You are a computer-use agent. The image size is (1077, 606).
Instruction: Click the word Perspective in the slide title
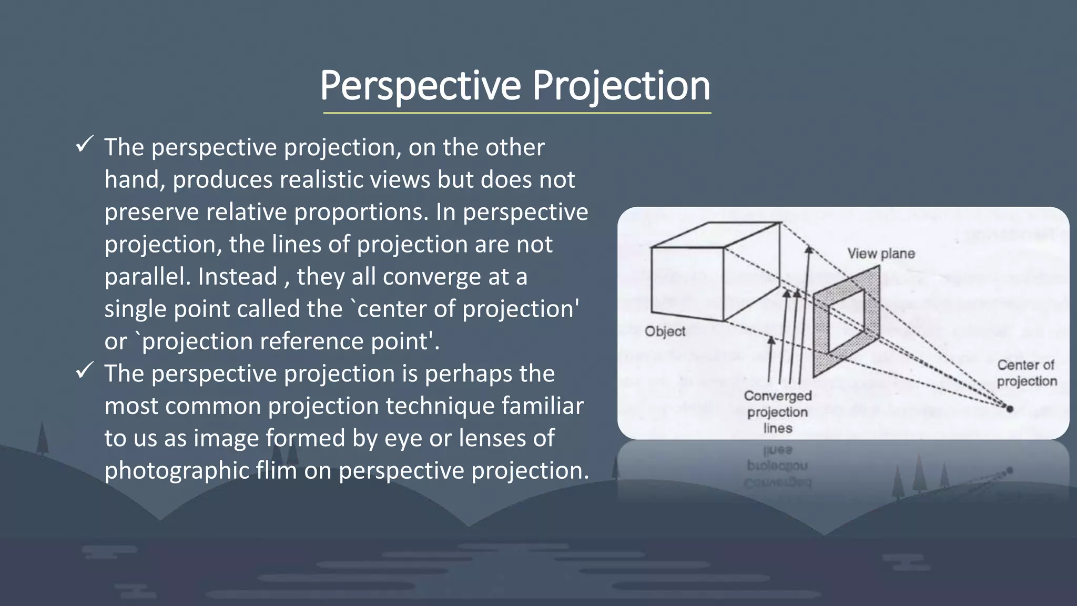pos(420,86)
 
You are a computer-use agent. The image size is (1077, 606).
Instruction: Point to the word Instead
pos(238,277)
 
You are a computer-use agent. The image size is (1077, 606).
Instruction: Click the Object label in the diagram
pos(665,331)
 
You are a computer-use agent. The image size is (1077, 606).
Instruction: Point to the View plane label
pos(881,254)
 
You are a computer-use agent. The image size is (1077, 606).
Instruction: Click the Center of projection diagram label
pos(1027,373)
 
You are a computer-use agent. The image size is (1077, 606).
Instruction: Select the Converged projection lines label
pos(778,412)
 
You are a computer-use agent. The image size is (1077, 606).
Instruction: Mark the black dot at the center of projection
pos(1009,408)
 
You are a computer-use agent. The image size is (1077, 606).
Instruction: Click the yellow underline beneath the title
pos(517,113)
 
